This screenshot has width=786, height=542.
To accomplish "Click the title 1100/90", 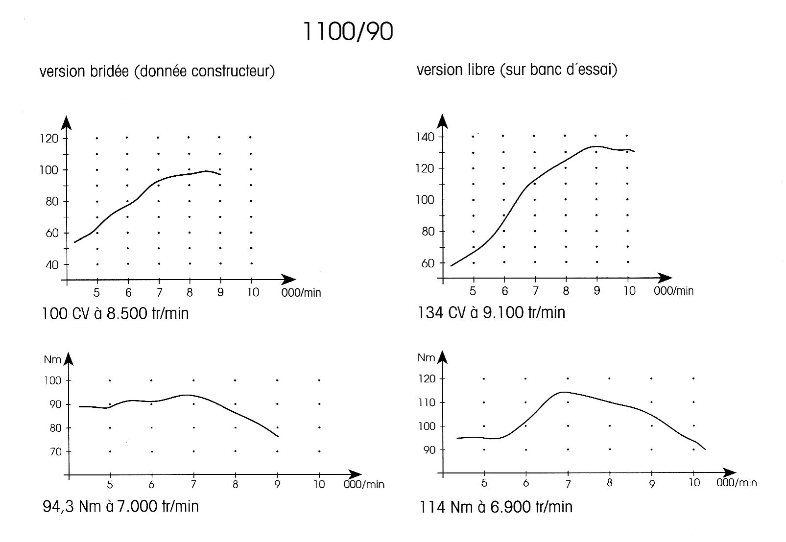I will tap(348, 32).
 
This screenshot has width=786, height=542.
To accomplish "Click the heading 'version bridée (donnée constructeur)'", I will tap(157, 71).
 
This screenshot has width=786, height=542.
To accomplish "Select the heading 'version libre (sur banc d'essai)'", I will tap(517, 70).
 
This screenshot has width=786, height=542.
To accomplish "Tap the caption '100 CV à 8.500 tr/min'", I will tap(115, 313).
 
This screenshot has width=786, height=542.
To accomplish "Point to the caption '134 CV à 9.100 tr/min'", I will tap(491, 312).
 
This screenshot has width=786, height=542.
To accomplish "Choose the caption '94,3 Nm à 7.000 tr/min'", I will tap(120, 506).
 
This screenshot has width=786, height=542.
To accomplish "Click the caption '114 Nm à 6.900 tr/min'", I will tap(496, 506).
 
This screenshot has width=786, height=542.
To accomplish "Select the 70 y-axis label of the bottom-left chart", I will tap(55, 452).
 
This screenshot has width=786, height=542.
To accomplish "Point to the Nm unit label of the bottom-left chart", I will tap(52, 360).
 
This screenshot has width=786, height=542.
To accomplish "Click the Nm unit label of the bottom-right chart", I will tap(426, 358).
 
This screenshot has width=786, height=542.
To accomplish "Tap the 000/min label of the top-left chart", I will tap(301, 293).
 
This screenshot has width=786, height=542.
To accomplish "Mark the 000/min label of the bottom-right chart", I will tap(737, 483).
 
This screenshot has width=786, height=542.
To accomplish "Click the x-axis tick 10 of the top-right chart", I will tap(629, 291).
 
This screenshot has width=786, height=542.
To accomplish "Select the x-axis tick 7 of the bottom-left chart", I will tap(193, 485).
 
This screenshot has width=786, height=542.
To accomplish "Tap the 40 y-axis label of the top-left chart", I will tap(51, 265).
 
